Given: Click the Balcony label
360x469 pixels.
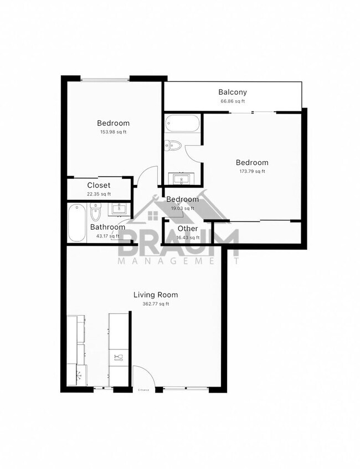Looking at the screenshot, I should tap(232, 92).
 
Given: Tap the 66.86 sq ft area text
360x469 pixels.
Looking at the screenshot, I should tap(232, 101).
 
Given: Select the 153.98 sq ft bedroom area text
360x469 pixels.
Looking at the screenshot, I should tap(114, 132).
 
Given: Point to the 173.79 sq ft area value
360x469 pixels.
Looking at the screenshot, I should tap(252, 171).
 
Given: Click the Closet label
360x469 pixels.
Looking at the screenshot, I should tap(99, 185).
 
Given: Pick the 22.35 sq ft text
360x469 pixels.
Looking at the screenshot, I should tap(99, 194).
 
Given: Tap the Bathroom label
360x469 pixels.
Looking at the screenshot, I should tap(107, 227).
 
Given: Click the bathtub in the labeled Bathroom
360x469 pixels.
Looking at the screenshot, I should tap(76, 223).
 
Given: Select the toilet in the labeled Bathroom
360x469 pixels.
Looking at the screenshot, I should tap(95, 211).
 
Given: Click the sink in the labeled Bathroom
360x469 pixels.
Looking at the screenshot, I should tap(119, 209).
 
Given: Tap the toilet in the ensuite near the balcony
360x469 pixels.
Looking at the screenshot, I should tap(174, 146).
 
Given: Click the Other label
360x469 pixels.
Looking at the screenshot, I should tap(188, 229).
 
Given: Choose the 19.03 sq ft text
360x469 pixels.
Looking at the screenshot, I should tap(182, 208).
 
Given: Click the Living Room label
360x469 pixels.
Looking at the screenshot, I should tap(156, 295).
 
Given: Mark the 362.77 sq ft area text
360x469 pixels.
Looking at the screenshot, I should tap(156, 303).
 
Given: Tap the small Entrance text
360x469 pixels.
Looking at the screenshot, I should tap(143, 390).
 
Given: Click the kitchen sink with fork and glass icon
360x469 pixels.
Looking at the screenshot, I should tap(117, 357).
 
